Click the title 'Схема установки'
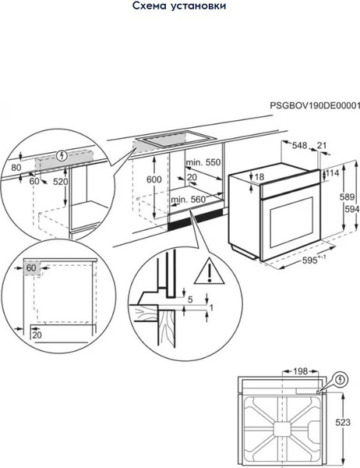coord(179,5)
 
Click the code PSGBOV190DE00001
coord(315,105)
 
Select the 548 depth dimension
coord(299,145)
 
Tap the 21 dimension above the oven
coord(322,145)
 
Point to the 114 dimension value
coord(332,173)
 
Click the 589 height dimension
coord(348,197)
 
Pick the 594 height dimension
coord(352,209)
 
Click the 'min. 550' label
coord(203,162)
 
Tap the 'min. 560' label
coord(189,199)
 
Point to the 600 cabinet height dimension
coord(154,179)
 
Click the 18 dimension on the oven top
coord(259,177)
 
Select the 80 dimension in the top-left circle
coord(16,168)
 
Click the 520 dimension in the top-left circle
coord(61,182)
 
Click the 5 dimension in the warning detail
coord(190,300)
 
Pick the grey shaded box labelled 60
coord(31,268)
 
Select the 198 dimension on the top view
coord(300,371)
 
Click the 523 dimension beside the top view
coord(343,422)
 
